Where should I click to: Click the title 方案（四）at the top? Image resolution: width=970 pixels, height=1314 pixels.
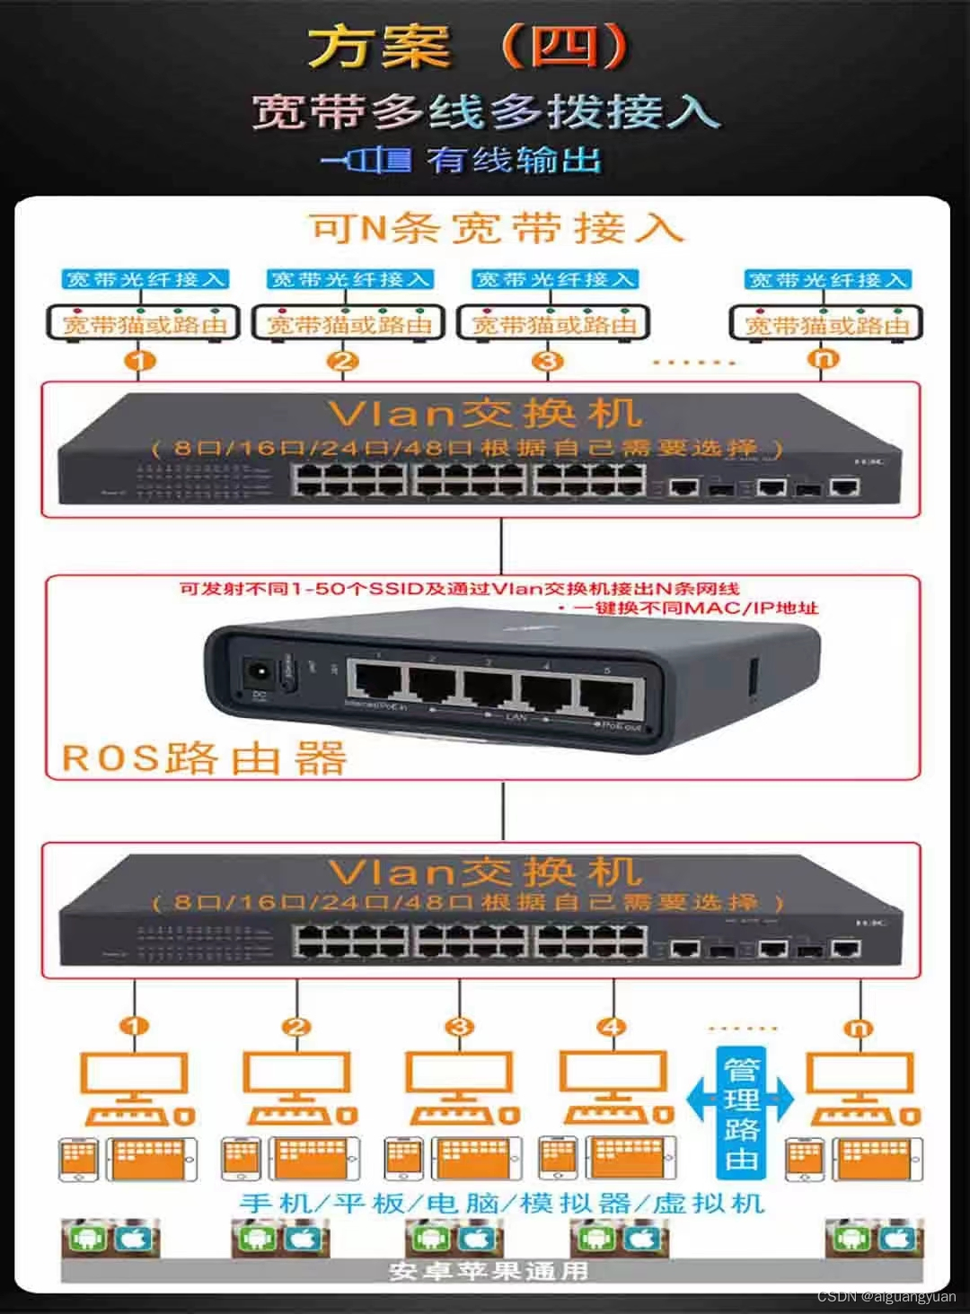coord(467,47)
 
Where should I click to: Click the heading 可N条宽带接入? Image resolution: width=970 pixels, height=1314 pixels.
coord(496,228)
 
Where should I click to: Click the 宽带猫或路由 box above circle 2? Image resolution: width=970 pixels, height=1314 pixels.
coord(348,323)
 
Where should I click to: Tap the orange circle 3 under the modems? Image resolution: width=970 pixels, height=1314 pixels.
coord(547,361)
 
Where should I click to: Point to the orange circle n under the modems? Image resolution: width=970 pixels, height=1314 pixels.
coord(825,359)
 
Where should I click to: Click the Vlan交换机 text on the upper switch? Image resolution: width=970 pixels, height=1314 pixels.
coord(485,413)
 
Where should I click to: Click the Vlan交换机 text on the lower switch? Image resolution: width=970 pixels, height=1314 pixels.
coord(485,872)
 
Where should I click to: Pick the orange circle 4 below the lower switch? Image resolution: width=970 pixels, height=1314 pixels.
coord(613,1027)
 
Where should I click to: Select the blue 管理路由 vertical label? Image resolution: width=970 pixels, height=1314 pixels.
coord(741,1113)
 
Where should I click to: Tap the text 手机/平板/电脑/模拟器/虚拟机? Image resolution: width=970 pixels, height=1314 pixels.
coord(501,1203)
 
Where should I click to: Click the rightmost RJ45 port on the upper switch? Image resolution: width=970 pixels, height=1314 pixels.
coord(843,487)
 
